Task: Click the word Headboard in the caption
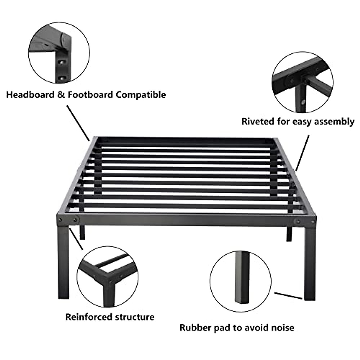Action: [29, 95]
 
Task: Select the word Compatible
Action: [141, 95]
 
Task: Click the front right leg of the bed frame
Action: [310, 261]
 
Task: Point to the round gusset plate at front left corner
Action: [76, 220]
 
